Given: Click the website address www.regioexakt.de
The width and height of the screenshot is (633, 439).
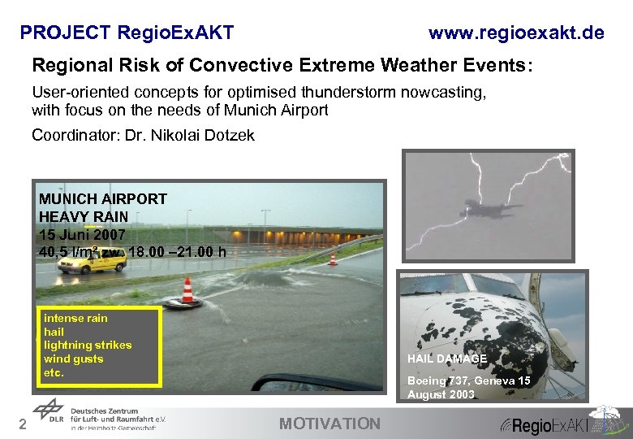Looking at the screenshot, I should [516, 33].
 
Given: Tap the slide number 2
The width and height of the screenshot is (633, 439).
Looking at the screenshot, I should [24, 424].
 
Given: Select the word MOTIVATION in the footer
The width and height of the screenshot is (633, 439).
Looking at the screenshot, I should [329, 423].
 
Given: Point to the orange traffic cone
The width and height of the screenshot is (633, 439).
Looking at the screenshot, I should [188, 291].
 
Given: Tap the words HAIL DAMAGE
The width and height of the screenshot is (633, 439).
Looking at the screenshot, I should [447, 359].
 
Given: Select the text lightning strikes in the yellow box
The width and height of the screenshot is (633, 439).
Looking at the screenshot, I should [88, 345].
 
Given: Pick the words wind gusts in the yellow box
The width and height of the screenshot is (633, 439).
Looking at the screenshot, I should [74, 359].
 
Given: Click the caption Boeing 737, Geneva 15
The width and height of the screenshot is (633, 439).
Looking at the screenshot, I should [468, 380].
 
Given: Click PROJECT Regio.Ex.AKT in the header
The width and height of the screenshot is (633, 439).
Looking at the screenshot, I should [127, 33].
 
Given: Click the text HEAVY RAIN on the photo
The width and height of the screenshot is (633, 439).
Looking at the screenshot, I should [84, 216].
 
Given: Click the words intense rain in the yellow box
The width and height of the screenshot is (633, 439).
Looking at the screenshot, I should [75, 318].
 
